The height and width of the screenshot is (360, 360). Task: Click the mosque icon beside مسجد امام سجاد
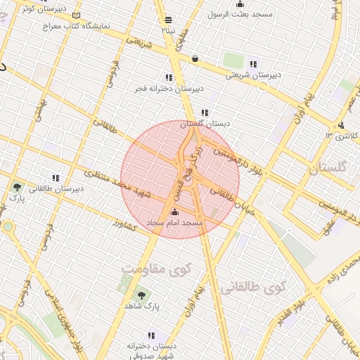pos(174,212)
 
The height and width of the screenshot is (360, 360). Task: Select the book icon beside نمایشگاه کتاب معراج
pos(76,15)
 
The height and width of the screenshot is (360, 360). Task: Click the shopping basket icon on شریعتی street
pos(194,58)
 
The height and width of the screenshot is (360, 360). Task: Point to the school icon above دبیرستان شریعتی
pos(253,64)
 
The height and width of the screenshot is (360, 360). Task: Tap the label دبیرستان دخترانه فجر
pos(169,89)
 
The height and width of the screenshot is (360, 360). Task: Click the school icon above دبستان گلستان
pos(205,112)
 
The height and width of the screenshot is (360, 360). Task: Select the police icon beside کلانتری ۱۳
pos(340,126)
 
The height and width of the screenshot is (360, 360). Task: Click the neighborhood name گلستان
pos(328,169)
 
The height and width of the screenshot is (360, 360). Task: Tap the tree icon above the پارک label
pos(16,187)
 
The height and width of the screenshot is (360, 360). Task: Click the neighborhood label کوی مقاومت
pos(156,269)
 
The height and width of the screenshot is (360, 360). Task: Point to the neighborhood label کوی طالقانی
pos(254,287)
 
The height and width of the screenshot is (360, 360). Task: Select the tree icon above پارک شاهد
pos(141,296)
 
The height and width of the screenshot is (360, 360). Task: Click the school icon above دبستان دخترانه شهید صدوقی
pos(150,336)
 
